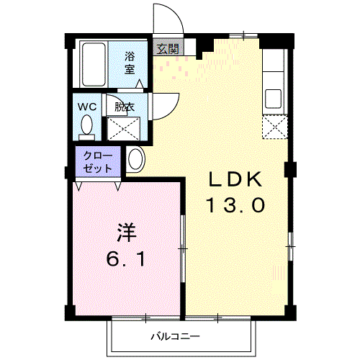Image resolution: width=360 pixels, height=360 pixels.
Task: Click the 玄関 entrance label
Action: [168, 49]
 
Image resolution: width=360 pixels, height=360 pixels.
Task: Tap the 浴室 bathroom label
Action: [130, 63]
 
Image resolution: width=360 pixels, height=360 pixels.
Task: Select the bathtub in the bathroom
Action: [94, 64]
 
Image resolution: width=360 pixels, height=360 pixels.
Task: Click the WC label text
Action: [87, 107]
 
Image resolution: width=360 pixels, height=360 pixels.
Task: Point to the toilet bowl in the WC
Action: [86, 125]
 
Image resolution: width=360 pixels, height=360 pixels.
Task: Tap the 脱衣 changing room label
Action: [125, 107]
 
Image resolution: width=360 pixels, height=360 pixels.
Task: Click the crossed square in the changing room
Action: [123, 128]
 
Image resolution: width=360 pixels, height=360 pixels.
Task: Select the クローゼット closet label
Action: [98, 162]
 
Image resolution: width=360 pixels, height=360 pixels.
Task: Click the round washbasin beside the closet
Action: [136, 159]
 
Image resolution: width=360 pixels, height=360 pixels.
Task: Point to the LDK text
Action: [235, 179]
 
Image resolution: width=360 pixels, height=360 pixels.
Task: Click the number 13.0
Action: [236, 205]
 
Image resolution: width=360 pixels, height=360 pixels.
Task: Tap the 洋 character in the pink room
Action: [127, 233]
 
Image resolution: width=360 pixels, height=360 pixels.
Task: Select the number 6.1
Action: [126, 259]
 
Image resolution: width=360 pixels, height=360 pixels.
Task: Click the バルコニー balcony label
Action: [175, 337]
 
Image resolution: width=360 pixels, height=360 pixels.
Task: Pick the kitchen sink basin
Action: [273, 99]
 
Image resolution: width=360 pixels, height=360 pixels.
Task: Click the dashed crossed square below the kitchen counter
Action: [274, 127]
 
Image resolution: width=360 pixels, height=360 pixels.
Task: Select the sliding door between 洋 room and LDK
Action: [183, 248]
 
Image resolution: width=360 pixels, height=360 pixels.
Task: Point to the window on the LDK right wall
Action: [290, 246]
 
